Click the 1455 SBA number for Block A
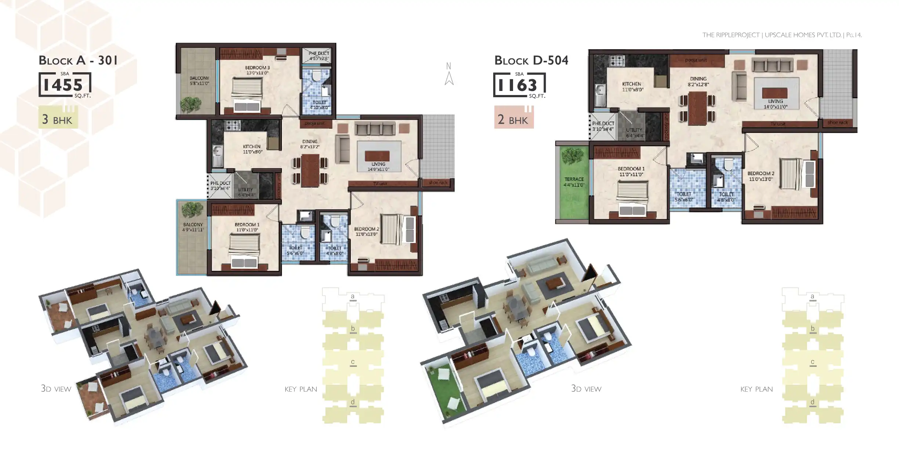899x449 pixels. (63, 85)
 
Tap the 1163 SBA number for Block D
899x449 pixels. (517, 85)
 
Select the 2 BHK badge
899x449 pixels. (513, 120)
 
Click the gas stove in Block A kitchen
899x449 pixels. (233, 125)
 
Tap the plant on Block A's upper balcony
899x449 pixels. (191, 105)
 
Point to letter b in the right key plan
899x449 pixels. (812, 329)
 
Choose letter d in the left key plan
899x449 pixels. (353, 402)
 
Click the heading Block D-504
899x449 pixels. (531, 60)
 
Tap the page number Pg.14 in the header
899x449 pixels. (854, 35)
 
